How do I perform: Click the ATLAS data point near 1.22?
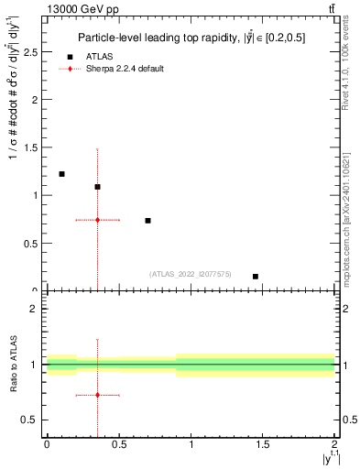(61, 174)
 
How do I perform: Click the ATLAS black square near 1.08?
(97, 187)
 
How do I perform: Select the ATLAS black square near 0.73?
(147, 221)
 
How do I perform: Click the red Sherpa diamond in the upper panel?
(97, 220)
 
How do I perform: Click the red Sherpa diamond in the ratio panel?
(97, 395)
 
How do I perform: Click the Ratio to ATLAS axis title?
(14, 365)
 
